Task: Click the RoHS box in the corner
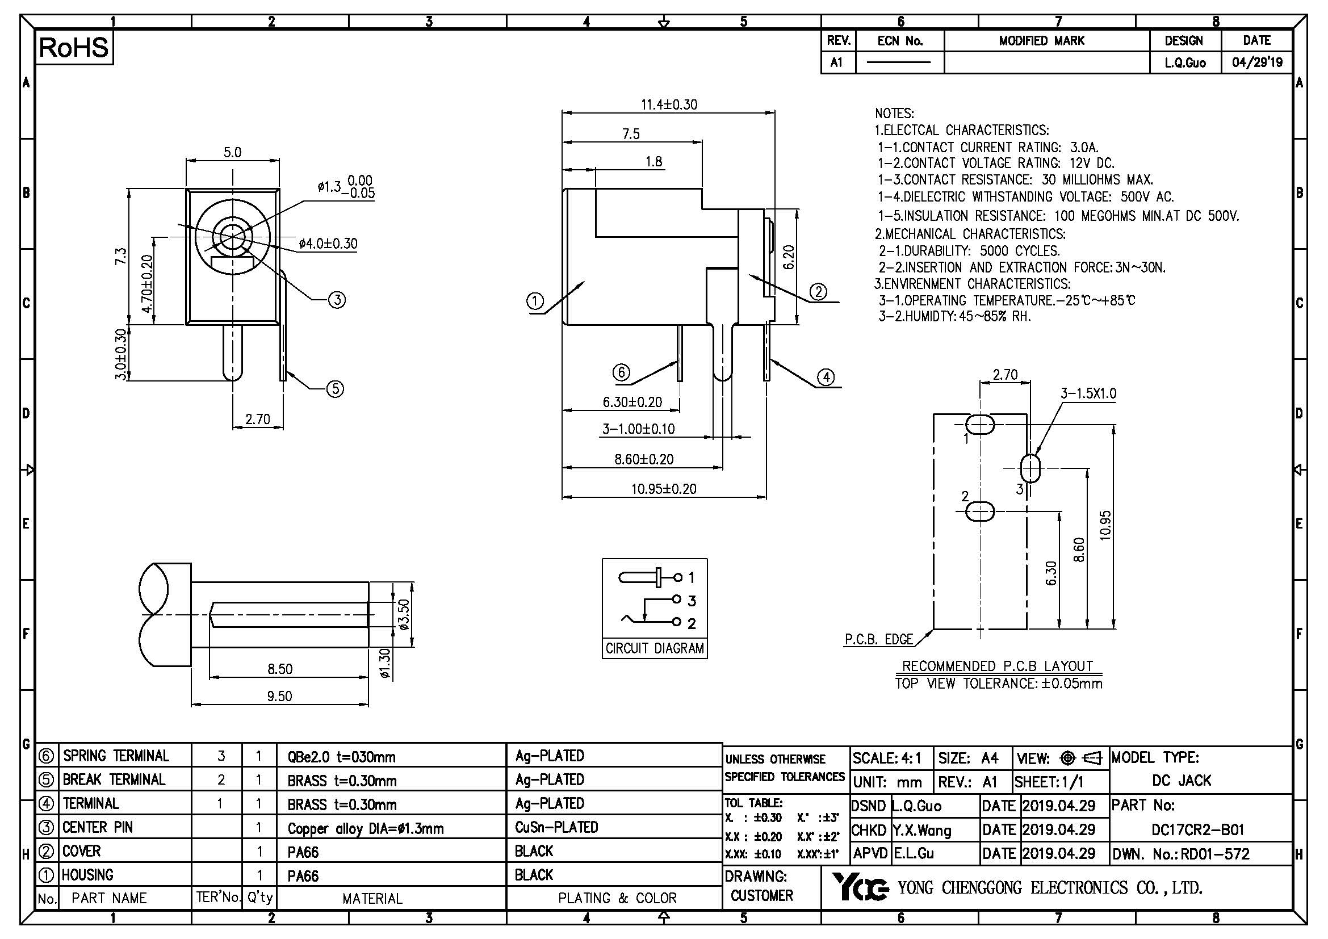[x=74, y=48]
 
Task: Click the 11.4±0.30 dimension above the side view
[x=669, y=104]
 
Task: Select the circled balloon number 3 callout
[x=337, y=300]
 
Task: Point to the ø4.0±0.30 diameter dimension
[x=328, y=244]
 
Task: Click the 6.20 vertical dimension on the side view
[x=789, y=257]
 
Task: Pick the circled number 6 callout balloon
[x=621, y=372]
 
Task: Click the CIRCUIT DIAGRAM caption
[x=654, y=648]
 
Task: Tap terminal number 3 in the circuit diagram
[x=691, y=601]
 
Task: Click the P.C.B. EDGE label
[x=878, y=639]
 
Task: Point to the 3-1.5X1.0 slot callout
[x=1088, y=394]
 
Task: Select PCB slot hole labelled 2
[x=980, y=511]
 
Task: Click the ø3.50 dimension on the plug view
[x=404, y=614]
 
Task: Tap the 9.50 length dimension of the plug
[x=279, y=695]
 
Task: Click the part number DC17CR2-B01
[x=1197, y=830]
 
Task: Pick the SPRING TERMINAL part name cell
[x=116, y=756]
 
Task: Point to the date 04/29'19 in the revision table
[x=1257, y=62]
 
